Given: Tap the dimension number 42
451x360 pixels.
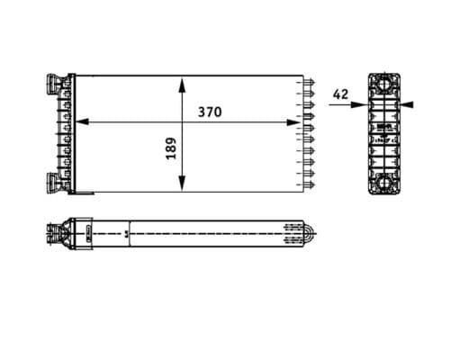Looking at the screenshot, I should click(340, 94).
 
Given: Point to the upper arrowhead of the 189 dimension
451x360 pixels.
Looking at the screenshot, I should click(183, 83).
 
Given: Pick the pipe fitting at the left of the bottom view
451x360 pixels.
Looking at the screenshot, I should click(52, 235).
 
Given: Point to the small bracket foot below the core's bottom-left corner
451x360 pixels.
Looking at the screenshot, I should click(82, 193).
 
